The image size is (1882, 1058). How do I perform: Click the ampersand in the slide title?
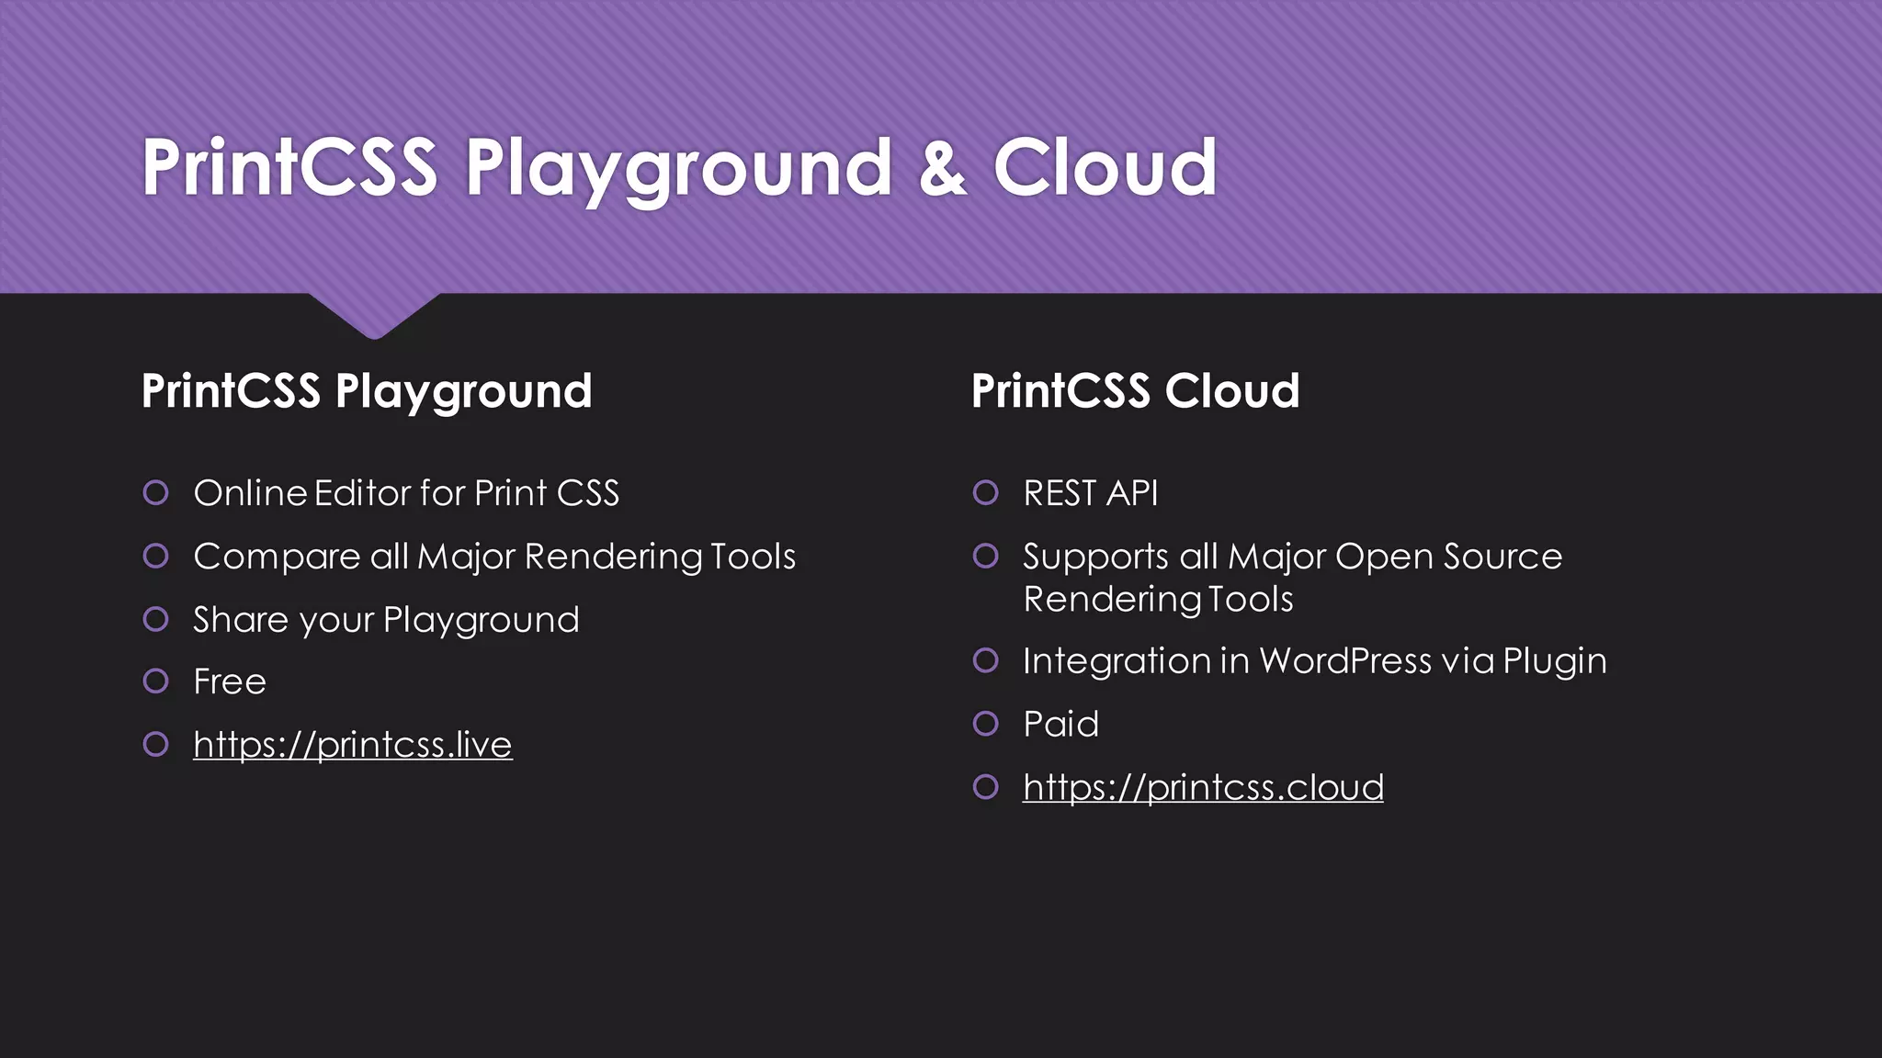[x=943, y=168]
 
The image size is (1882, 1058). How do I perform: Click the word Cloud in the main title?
[x=1105, y=168]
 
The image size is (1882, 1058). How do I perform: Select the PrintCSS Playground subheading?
[x=367, y=391]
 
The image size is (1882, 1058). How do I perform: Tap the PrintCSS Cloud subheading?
[x=1135, y=391]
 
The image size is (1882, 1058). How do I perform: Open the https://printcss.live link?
[x=352, y=745]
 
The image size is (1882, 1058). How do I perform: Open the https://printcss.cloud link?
[x=1203, y=788]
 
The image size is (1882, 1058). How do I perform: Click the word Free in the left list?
[x=230, y=682]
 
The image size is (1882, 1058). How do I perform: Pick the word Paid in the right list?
[x=1060, y=725]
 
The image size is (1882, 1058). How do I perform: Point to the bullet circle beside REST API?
[x=985, y=493]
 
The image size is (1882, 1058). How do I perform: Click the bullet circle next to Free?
[x=156, y=681]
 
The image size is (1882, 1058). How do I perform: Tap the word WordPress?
[x=1345, y=661]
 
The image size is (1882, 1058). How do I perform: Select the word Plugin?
[x=1555, y=662]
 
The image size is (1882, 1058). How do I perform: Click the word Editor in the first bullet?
[x=362, y=493]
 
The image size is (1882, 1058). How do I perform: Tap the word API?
[x=1132, y=493]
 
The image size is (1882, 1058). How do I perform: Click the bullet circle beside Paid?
[x=985, y=724]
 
